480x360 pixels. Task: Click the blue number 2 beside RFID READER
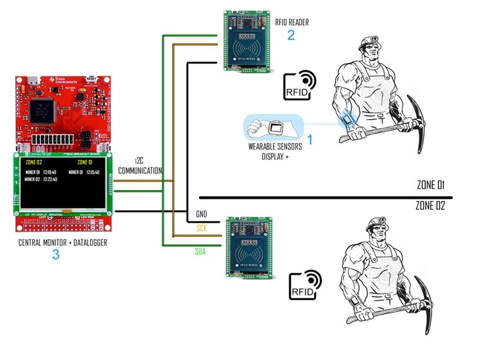click(290, 35)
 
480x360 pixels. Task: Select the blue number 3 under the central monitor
click(55, 254)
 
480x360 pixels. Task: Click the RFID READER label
click(292, 22)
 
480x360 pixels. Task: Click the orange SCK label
click(202, 228)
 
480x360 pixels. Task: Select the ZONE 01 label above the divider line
click(431, 185)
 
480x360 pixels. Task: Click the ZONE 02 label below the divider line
click(431, 205)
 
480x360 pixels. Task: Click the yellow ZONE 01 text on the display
click(78, 162)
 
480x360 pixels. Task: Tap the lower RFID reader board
click(251, 247)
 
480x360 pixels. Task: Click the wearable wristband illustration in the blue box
click(273, 128)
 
